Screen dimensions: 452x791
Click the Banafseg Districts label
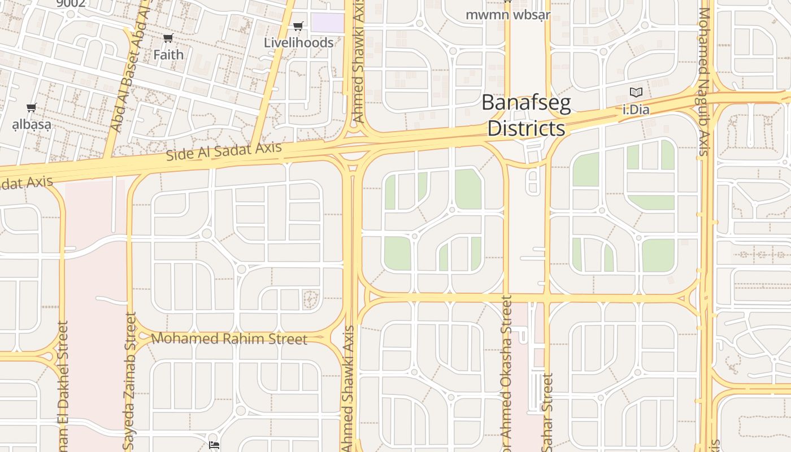pyautogui.click(x=526, y=115)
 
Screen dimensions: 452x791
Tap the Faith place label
pyautogui.click(x=168, y=55)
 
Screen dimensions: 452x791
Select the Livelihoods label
pyautogui.click(x=298, y=43)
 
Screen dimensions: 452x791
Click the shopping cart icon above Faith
pyautogui.click(x=168, y=38)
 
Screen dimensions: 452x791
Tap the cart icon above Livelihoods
pyautogui.click(x=298, y=26)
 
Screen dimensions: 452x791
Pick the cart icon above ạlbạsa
pyautogui.click(x=32, y=107)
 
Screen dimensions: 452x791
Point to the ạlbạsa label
pyautogui.click(x=32, y=124)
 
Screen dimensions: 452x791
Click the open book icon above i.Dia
pyautogui.click(x=636, y=92)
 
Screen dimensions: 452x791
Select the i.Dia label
pyautogui.click(x=636, y=110)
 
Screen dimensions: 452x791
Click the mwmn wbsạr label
pyautogui.click(x=508, y=15)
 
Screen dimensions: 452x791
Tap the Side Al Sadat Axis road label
pyautogui.click(x=224, y=151)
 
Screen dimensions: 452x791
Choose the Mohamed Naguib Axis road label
pyautogui.click(x=704, y=82)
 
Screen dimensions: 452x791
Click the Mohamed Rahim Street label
pyautogui.click(x=229, y=339)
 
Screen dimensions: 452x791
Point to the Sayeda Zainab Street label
pyautogui.click(x=131, y=381)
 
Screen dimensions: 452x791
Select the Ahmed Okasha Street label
pyautogui.click(x=506, y=373)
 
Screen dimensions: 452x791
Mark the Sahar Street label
pyautogui.click(x=547, y=412)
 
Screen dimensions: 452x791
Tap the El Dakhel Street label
pyautogui.click(x=62, y=384)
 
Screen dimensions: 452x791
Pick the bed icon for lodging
pyautogui.click(x=214, y=445)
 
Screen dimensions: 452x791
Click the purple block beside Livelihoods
pyautogui.click(x=328, y=23)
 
